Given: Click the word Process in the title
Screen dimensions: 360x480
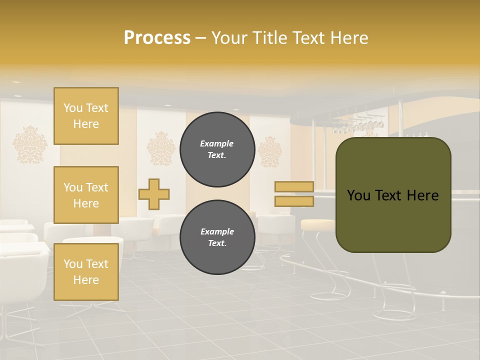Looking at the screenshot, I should coord(157,38).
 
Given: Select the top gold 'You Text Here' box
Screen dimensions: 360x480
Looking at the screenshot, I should coord(86,116).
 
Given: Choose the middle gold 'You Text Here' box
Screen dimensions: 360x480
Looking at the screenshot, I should coord(86,195).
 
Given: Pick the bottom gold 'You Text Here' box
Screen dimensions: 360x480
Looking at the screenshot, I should coord(86,271).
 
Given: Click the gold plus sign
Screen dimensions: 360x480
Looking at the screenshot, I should coord(154,194).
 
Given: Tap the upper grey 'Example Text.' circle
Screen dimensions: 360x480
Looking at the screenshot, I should coord(217,149).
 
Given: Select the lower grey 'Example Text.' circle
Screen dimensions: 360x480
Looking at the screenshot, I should coord(217,237).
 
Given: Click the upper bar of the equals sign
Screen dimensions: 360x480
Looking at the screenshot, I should coord(294,187).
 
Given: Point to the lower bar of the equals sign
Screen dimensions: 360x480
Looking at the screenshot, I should coord(294,201).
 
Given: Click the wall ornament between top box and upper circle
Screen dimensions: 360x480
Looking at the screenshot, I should coord(161,148).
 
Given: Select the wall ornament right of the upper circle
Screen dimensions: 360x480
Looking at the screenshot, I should coord(269,151).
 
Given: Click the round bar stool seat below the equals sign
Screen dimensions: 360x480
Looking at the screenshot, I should coord(318,224).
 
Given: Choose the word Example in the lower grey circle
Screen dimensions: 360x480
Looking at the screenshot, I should coord(217,231).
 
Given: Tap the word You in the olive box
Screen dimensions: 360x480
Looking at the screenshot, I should coord(359,195).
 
